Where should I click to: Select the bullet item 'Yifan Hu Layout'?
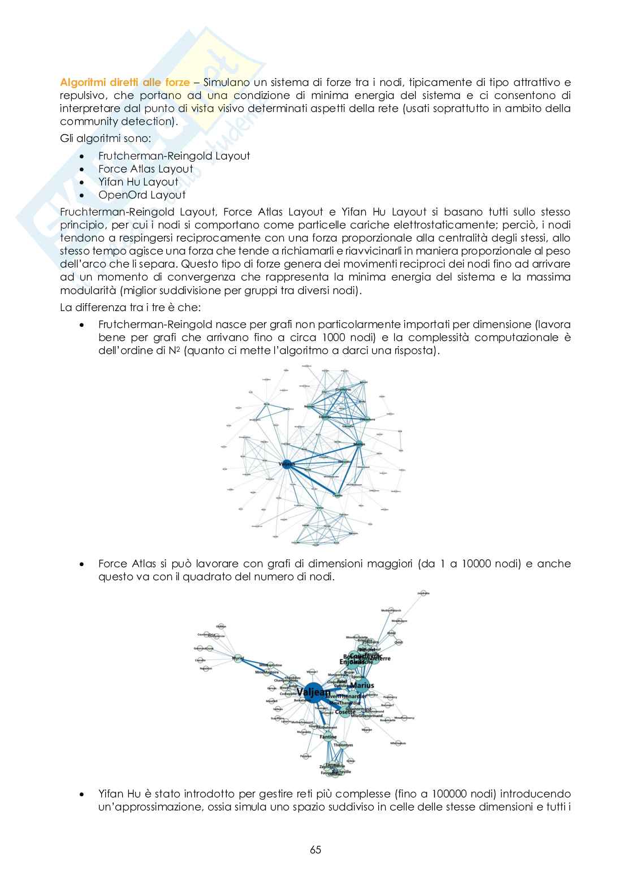[138, 182]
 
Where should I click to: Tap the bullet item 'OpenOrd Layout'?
[141, 195]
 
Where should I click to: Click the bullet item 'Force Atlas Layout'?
[145, 169]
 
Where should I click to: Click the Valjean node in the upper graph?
[286, 464]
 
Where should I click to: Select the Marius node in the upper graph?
[358, 444]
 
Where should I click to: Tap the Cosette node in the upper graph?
[338, 495]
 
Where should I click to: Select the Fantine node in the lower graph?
[329, 737]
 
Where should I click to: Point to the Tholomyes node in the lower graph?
[343, 745]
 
